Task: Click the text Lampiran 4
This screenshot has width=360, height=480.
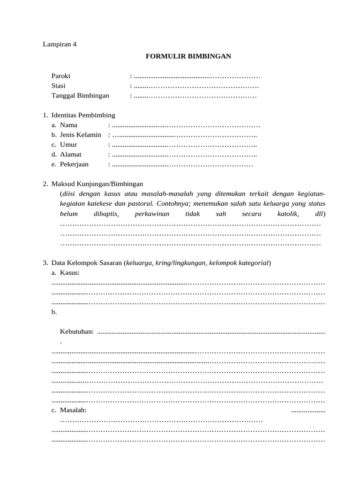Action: click(59, 45)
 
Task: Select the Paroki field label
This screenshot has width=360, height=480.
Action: click(61, 76)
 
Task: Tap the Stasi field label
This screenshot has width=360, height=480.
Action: click(59, 86)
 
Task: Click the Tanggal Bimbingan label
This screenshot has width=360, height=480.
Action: click(80, 96)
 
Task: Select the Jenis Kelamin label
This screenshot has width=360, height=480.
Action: click(80, 135)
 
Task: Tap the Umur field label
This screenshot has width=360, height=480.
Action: click(68, 145)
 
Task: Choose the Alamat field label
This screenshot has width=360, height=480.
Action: click(70, 155)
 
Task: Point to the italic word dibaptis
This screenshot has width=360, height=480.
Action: click(106, 214)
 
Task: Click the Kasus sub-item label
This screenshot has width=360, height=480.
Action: click(69, 273)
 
